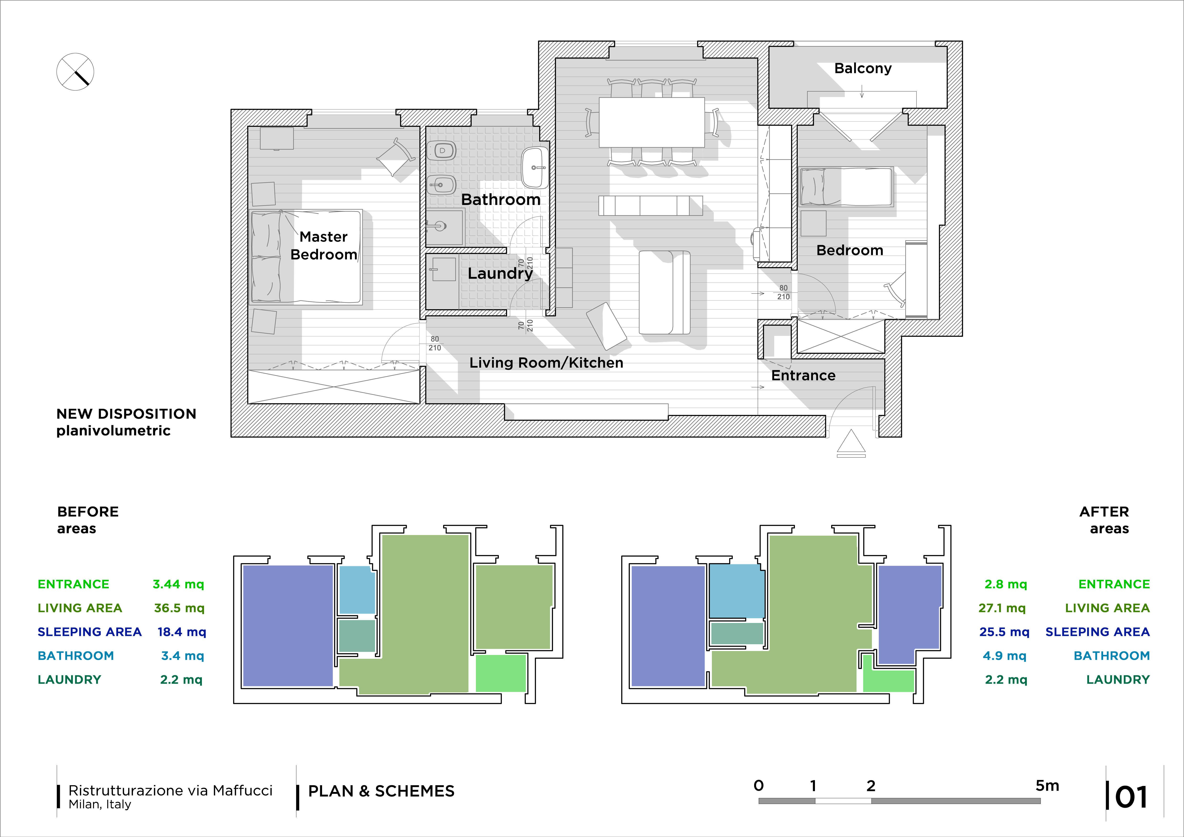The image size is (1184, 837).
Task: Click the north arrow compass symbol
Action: click(75, 72)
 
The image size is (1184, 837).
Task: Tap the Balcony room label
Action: click(863, 68)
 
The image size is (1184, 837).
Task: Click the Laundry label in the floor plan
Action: click(500, 273)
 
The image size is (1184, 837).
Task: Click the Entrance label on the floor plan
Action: click(803, 376)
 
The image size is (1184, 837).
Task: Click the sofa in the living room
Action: click(664, 292)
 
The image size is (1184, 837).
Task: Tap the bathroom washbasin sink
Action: click(535, 167)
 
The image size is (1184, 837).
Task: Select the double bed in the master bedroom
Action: click(306, 256)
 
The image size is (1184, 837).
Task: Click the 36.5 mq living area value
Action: click(179, 608)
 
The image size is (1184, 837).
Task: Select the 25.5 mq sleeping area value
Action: click(1004, 632)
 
